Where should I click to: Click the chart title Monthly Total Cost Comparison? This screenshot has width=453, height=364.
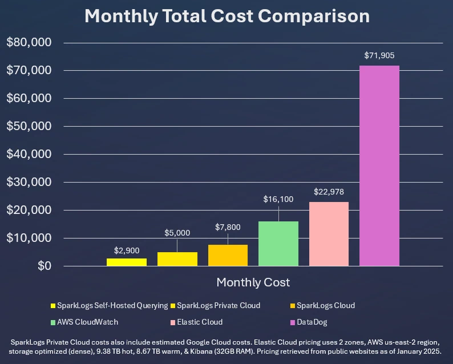pos(226,16)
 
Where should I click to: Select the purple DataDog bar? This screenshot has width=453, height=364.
pos(379,165)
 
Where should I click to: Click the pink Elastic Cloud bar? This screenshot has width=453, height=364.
pos(329,234)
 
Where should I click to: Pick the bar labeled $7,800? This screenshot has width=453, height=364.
pos(228,255)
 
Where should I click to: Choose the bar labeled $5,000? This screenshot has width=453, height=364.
pos(177,259)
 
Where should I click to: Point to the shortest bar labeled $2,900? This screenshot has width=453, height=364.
pos(127,262)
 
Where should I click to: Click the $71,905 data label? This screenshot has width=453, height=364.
pos(379,56)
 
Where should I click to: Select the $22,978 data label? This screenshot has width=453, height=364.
pos(329,192)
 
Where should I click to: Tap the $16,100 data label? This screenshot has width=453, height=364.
pos(278,199)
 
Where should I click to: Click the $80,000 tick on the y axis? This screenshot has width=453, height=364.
pos(29,43)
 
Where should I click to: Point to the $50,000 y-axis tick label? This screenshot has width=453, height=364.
pos(29,127)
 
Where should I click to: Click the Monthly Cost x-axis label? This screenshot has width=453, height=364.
pos(253,282)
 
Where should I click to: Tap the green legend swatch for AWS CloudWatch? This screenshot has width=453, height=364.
pos(53,322)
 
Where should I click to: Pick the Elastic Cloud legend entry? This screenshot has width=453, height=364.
pos(200,322)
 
